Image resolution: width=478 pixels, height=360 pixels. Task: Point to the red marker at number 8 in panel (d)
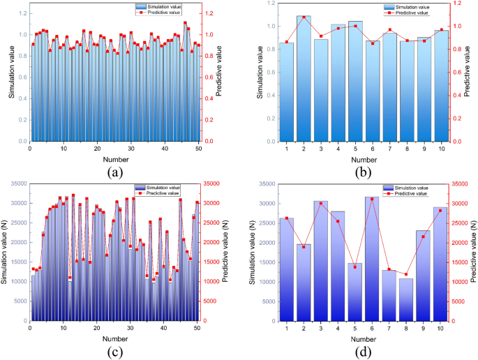pos(406,274)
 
